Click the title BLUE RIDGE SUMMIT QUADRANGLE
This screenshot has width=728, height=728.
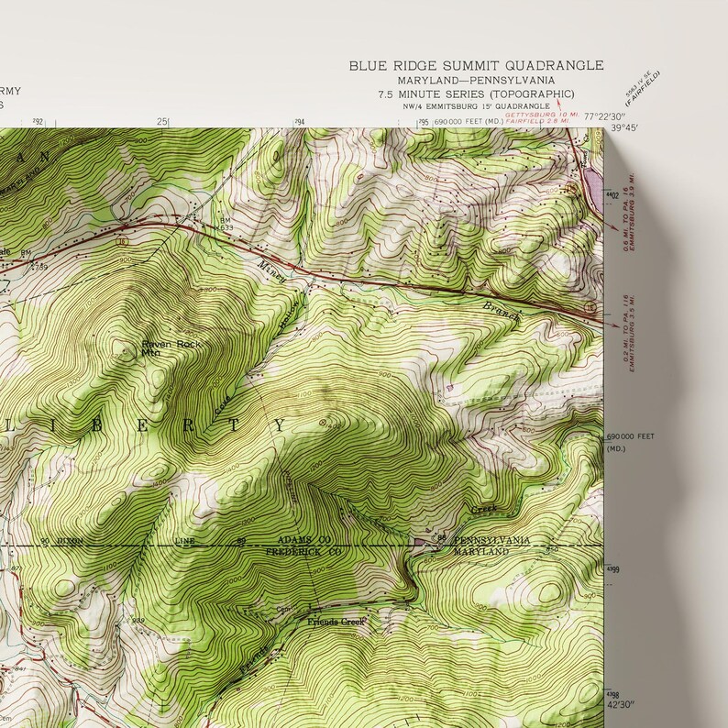(x=476, y=65)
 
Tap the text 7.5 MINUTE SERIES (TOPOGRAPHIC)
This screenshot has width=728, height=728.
(x=476, y=94)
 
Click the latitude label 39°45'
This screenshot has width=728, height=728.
(x=623, y=129)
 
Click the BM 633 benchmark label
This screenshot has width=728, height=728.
(x=226, y=224)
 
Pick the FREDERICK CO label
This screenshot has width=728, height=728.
(x=292, y=553)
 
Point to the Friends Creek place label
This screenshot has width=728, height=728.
(x=336, y=622)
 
